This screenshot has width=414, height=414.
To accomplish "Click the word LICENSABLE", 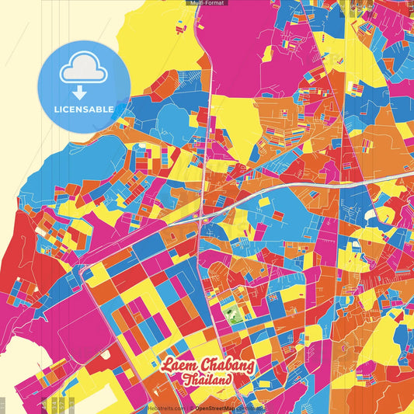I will [83, 109].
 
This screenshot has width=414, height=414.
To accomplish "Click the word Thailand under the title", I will [207, 381].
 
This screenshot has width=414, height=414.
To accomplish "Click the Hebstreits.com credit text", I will [165, 408].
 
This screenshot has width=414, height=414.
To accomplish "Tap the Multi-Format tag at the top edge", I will [207, 3].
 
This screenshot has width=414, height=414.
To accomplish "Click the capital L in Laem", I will [166, 365].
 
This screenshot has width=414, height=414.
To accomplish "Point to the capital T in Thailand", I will [187, 381].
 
